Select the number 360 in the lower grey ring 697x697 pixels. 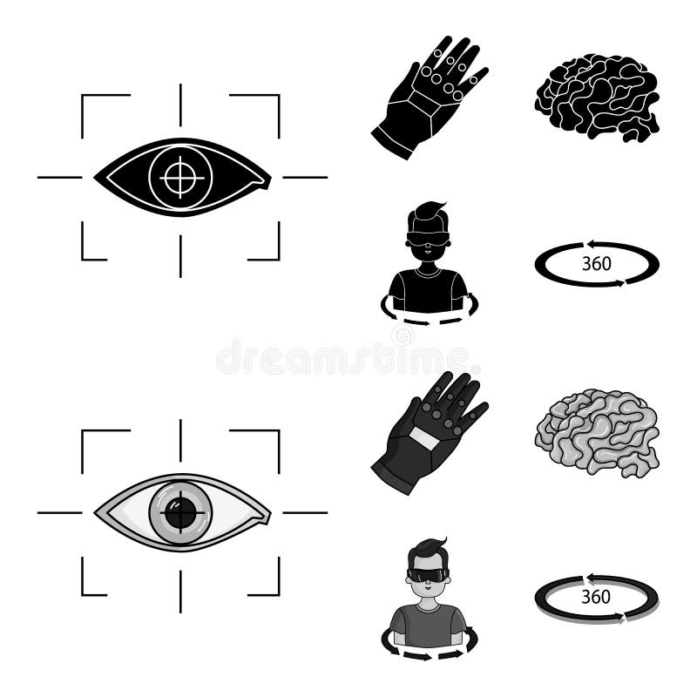click(x=596, y=597)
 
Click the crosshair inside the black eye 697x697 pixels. click(x=180, y=177)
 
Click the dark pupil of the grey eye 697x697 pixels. click(x=180, y=512)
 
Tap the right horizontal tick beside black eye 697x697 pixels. click(x=305, y=177)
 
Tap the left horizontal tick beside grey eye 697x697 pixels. click(x=58, y=512)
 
